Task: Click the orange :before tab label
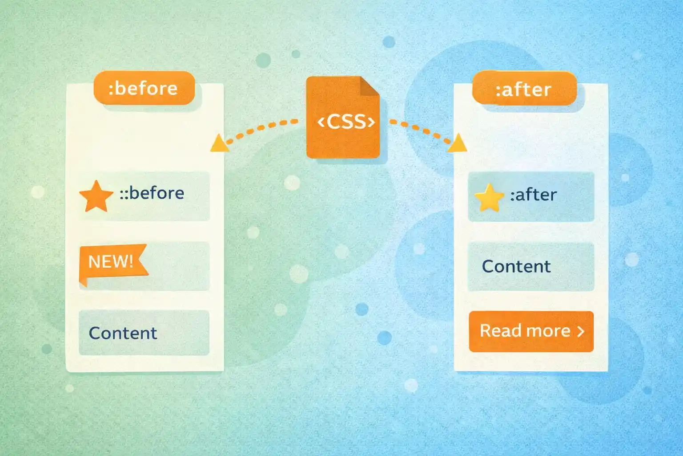144,88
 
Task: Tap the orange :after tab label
524,89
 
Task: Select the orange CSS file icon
342,118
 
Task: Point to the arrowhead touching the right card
458,144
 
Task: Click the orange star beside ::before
96,196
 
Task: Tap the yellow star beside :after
489,197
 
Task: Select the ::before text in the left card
152,193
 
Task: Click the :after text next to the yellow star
533,195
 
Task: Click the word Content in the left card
123,333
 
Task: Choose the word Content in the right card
516,266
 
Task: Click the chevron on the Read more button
580,331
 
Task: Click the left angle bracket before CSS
321,122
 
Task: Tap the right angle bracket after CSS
370,122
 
